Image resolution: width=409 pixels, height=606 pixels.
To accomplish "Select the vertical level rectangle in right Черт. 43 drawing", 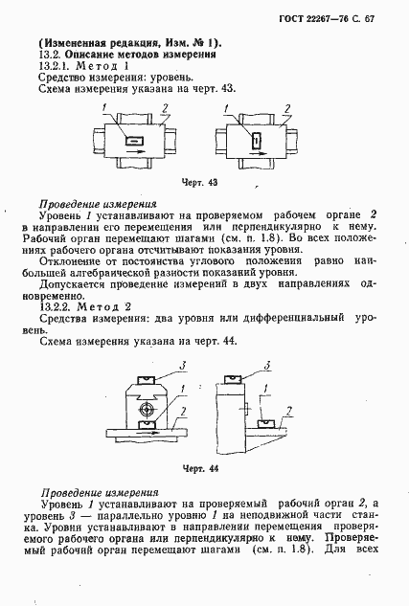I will tap(255, 142).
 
